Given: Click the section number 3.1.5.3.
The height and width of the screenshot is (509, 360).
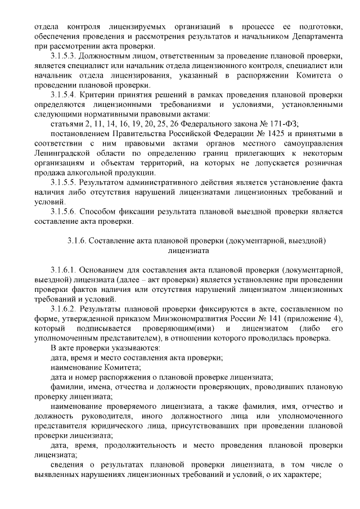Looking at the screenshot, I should click(x=63, y=57).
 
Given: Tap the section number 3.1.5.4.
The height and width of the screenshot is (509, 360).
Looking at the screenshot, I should click(x=63, y=95).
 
